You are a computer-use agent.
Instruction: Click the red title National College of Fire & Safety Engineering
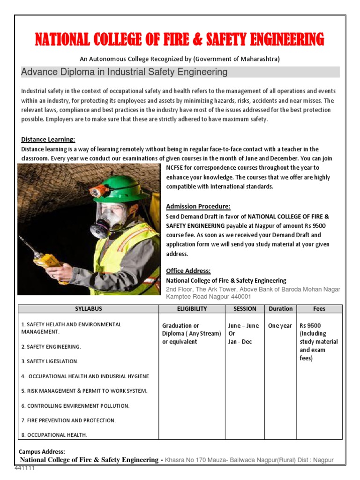coord(180,39)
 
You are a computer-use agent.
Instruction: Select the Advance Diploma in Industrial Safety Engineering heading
coord(124,72)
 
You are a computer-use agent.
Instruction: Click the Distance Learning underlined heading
coord(48,140)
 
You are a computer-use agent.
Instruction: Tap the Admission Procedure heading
coord(198,207)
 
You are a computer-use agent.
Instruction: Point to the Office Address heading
coord(188,271)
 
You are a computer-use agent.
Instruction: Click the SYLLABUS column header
coord(89,309)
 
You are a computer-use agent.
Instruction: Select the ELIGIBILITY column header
coord(192,309)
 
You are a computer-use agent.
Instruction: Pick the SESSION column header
coord(245,309)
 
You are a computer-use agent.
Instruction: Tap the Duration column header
coord(280,309)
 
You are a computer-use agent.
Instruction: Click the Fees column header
coord(319,309)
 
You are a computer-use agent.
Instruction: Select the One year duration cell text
coord(280,326)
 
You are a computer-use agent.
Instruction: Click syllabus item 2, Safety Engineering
coord(51,347)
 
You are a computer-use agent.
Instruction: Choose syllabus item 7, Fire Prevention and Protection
coord(68,420)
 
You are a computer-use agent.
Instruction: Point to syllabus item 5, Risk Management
coord(84,391)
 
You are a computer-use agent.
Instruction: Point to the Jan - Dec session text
coord(240,342)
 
